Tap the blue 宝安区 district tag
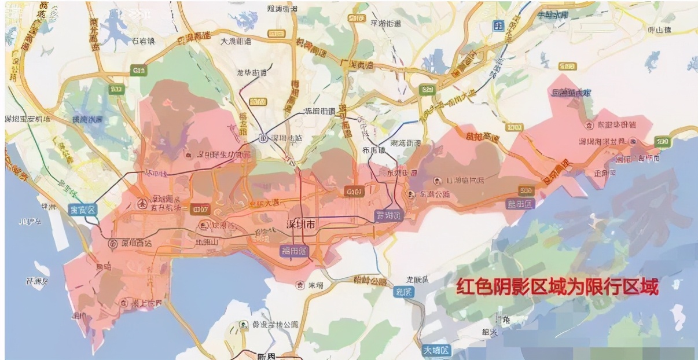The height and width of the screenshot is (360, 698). coord(83,210)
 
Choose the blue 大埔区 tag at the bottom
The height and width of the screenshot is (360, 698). coord(435,350)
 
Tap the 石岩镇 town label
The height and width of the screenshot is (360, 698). coord(144,41)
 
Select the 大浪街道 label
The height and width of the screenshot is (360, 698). coord(236,41)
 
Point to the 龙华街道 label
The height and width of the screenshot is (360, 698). coord(252,73)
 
